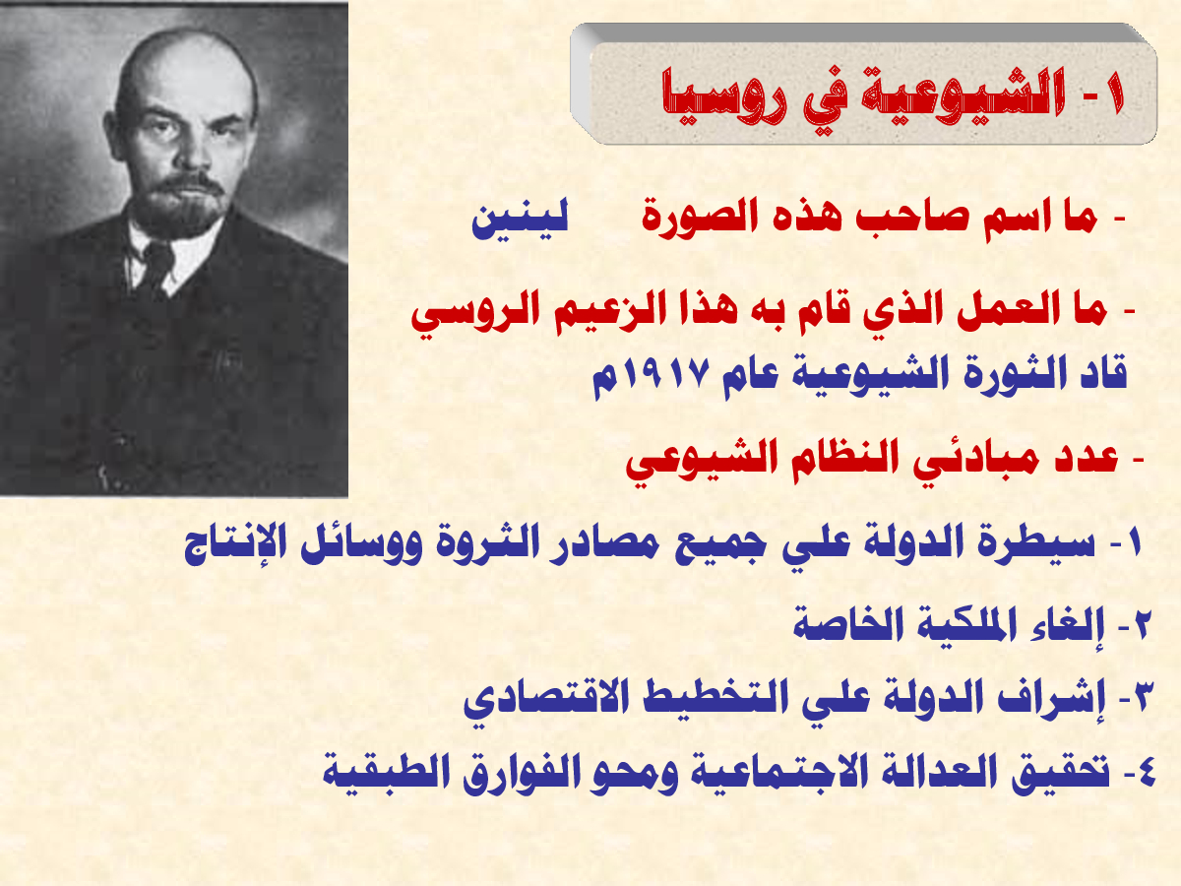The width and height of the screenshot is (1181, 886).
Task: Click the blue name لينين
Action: (520, 221)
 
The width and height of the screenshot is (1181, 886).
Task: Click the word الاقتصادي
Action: (538, 700)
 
